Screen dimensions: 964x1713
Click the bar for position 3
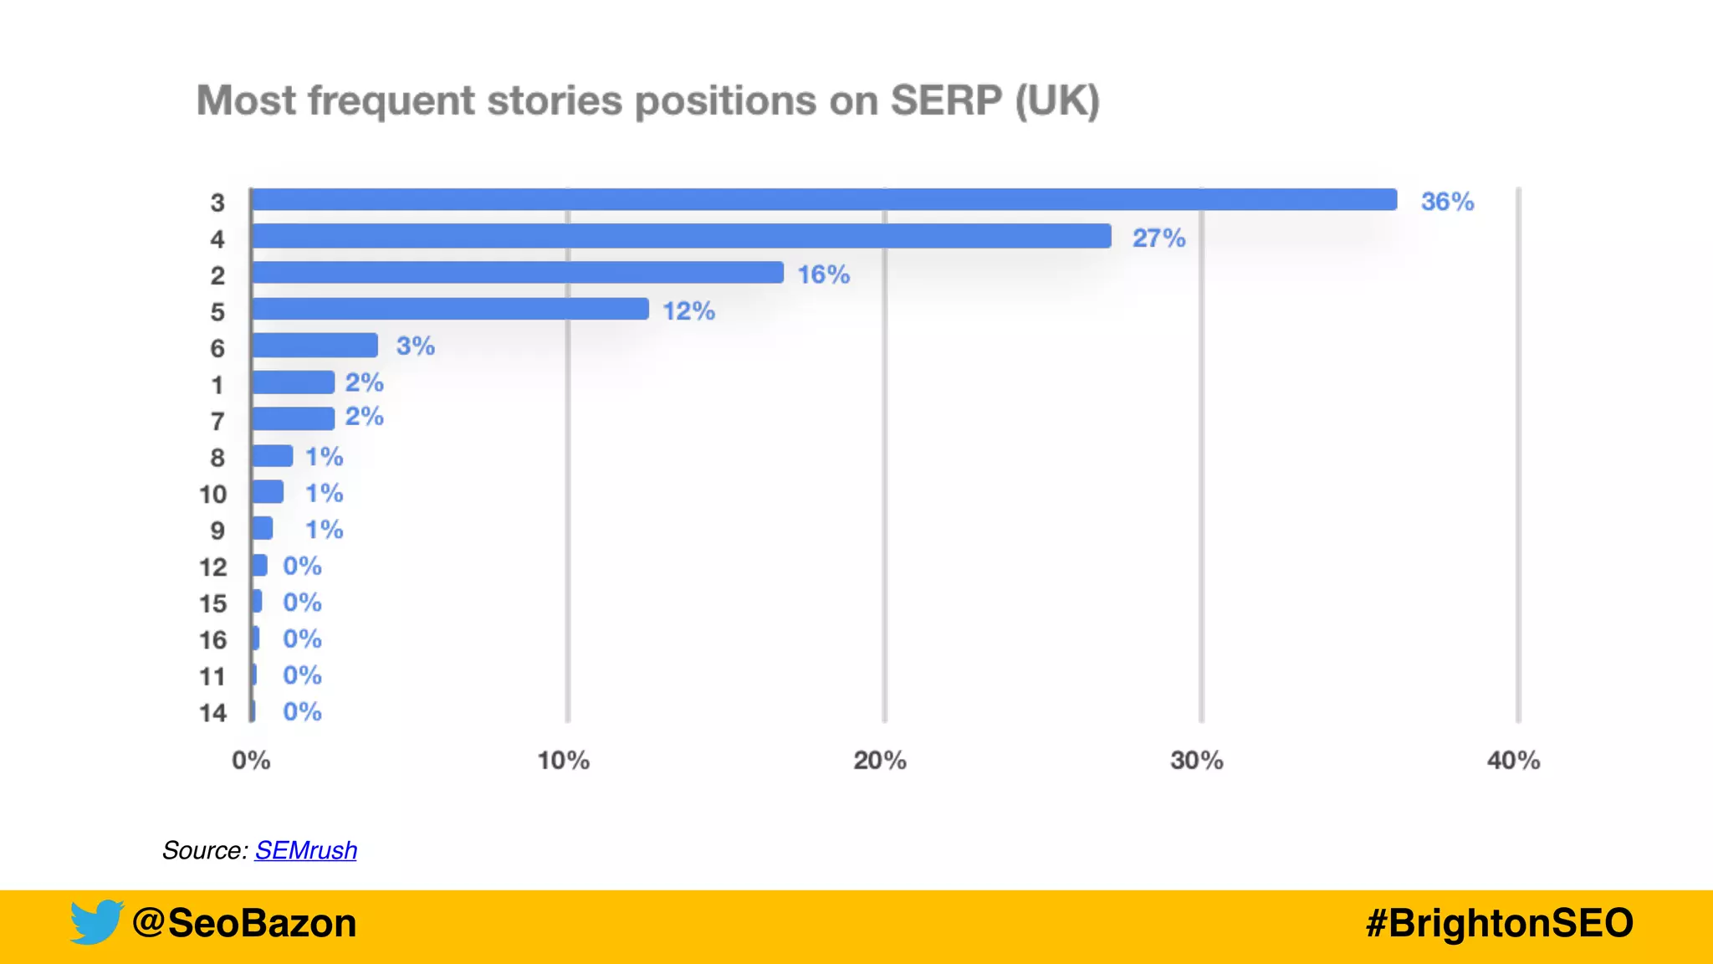tap(824, 200)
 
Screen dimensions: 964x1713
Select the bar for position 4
tap(681, 237)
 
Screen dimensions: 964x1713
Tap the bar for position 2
tap(517, 273)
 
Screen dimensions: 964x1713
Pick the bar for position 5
tap(450, 309)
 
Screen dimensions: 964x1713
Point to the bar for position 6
tap(314, 346)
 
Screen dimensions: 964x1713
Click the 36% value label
tap(1447, 202)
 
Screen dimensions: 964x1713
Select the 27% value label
tap(1158, 238)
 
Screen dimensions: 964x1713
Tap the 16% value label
tap(823, 274)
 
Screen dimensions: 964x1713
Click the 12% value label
tap(688, 311)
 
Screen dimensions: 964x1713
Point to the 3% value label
tap(415, 346)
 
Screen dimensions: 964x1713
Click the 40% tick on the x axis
tap(1513, 761)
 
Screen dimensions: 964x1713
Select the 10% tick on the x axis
tap(563, 761)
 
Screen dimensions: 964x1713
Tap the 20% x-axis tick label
tap(880, 761)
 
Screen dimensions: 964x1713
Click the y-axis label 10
tap(212, 495)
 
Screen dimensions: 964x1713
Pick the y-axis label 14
tap(212, 713)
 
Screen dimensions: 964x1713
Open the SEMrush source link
tap(306, 850)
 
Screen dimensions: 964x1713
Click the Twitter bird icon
tap(96, 922)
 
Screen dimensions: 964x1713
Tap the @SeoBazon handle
tap(244, 924)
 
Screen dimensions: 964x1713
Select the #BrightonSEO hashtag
tap(1499, 924)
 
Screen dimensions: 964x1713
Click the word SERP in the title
tap(945, 101)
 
